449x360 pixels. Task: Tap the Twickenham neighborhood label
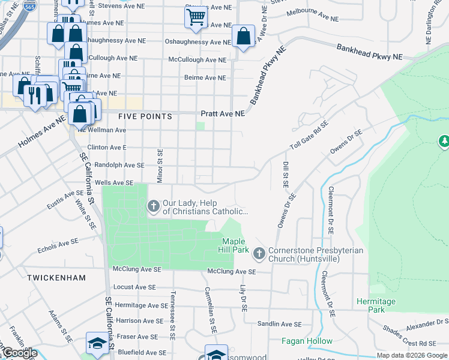(56, 278)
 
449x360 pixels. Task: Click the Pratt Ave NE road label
(223, 113)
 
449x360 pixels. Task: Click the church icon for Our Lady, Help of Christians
(153, 206)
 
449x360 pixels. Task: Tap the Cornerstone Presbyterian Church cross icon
(259, 254)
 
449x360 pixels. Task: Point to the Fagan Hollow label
(307, 341)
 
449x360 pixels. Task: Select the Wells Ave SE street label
(113, 182)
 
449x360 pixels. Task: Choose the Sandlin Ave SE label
(279, 324)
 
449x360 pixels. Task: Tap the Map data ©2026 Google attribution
(412, 355)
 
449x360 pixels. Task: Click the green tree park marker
(444, 141)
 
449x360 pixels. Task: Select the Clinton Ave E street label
(107, 147)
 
